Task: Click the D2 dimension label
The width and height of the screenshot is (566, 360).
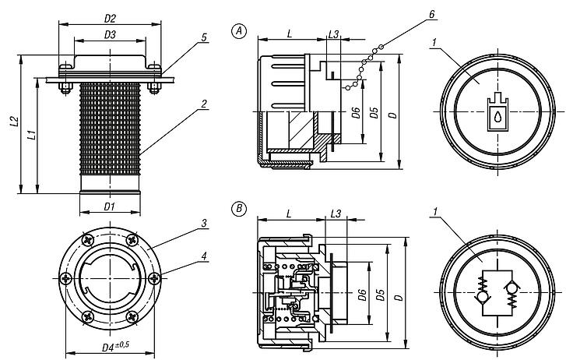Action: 110,17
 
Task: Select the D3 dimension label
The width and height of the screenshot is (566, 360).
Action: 110,35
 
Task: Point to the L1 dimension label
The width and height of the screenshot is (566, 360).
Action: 30,134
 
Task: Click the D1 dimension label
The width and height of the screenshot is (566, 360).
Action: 110,207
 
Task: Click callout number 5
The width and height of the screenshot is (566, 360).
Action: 203,37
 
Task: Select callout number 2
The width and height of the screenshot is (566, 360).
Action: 203,103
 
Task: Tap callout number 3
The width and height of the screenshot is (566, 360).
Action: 203,224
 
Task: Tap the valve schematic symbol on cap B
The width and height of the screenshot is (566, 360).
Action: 496,293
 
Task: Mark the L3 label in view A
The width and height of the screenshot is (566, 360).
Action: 334,34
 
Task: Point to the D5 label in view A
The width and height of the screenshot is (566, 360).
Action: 374,113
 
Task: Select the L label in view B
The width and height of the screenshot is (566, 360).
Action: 288,213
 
